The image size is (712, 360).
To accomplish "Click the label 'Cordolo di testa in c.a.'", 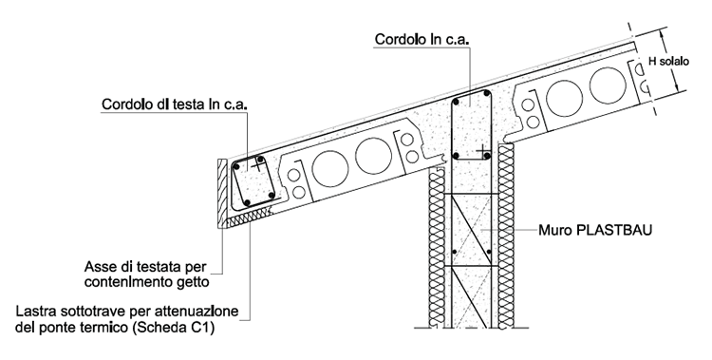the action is click(x=175, y=104).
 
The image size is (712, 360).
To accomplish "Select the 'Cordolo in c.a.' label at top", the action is click(x=422, y=39).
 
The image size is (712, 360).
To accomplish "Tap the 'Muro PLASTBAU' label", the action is click(x=595, y=230).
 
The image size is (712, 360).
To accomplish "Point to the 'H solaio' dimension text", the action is click(x=668, y=62).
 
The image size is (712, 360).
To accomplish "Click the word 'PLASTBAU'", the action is click(x=614, y=230).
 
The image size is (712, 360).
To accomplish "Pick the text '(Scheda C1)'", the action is click(x=173, y=328).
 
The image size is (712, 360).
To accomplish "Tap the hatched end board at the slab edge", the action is click(x=221, y=193).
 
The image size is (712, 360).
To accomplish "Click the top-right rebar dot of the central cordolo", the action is click(x=487, y=94).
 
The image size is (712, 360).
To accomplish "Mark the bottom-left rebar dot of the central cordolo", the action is click(x=456, y=156).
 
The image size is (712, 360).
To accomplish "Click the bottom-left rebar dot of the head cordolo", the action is click(x=247, y=202).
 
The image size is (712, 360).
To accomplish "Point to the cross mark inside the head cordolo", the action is click(x=257, y=165).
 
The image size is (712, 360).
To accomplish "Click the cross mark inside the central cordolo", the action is click(x=483, y=151).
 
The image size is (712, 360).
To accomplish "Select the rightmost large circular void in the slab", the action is click(x=608, y=85).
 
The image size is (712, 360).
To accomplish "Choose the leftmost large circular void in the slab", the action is click(x=330, y=168).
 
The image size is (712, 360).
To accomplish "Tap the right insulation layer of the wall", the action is click(x=506, y=236).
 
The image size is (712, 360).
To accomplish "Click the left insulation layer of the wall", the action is click(x=437, y=247).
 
